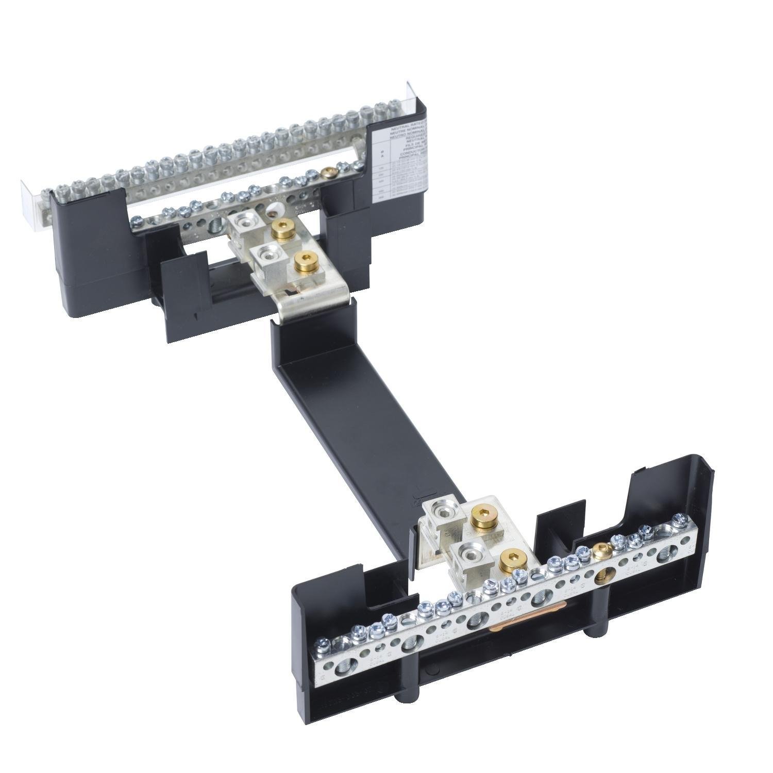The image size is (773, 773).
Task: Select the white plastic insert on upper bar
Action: coord(272,211)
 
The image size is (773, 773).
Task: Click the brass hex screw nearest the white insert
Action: coord(281,227)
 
